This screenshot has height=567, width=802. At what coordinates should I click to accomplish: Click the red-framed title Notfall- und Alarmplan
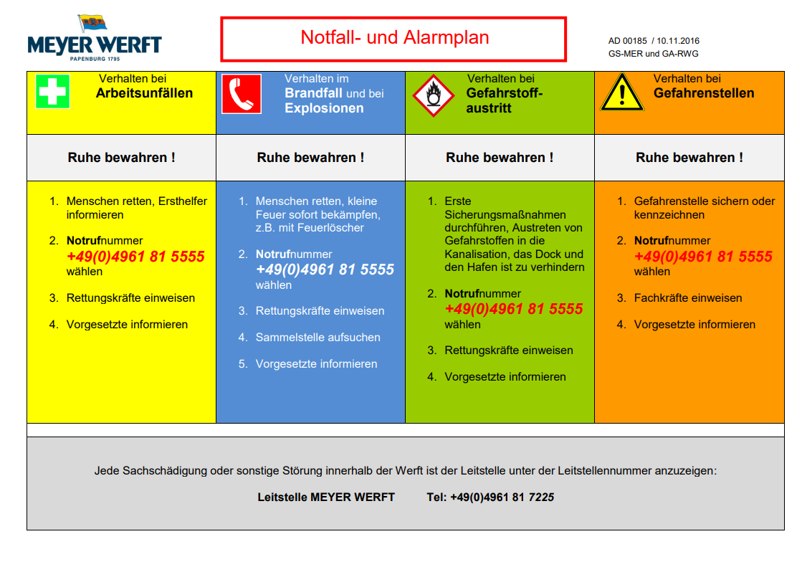coord(394,38)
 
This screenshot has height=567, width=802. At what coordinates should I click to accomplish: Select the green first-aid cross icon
coord(52,91)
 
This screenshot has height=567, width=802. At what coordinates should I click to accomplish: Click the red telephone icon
coord(242,93)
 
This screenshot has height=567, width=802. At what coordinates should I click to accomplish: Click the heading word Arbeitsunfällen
coord(144,93)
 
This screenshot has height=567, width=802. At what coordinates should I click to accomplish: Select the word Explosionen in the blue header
coord(324,108)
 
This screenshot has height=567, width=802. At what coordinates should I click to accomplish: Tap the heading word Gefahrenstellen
coord(704,93)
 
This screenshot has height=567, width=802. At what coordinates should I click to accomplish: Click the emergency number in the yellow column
coord(135,257)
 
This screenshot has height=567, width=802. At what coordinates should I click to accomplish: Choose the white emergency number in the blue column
coord(325,270)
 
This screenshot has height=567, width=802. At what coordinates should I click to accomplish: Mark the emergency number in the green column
coord(514,309)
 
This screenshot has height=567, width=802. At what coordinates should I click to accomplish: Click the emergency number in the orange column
coord(703,257)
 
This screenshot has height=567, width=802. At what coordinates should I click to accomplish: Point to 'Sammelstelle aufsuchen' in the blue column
coord(318,337)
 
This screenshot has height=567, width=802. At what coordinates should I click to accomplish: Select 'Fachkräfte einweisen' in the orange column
coord(688,297)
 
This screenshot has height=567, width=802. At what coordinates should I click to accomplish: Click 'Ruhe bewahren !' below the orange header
coord(689,158)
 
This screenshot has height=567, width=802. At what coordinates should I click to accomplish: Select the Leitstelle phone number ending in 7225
coord(502,497)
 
